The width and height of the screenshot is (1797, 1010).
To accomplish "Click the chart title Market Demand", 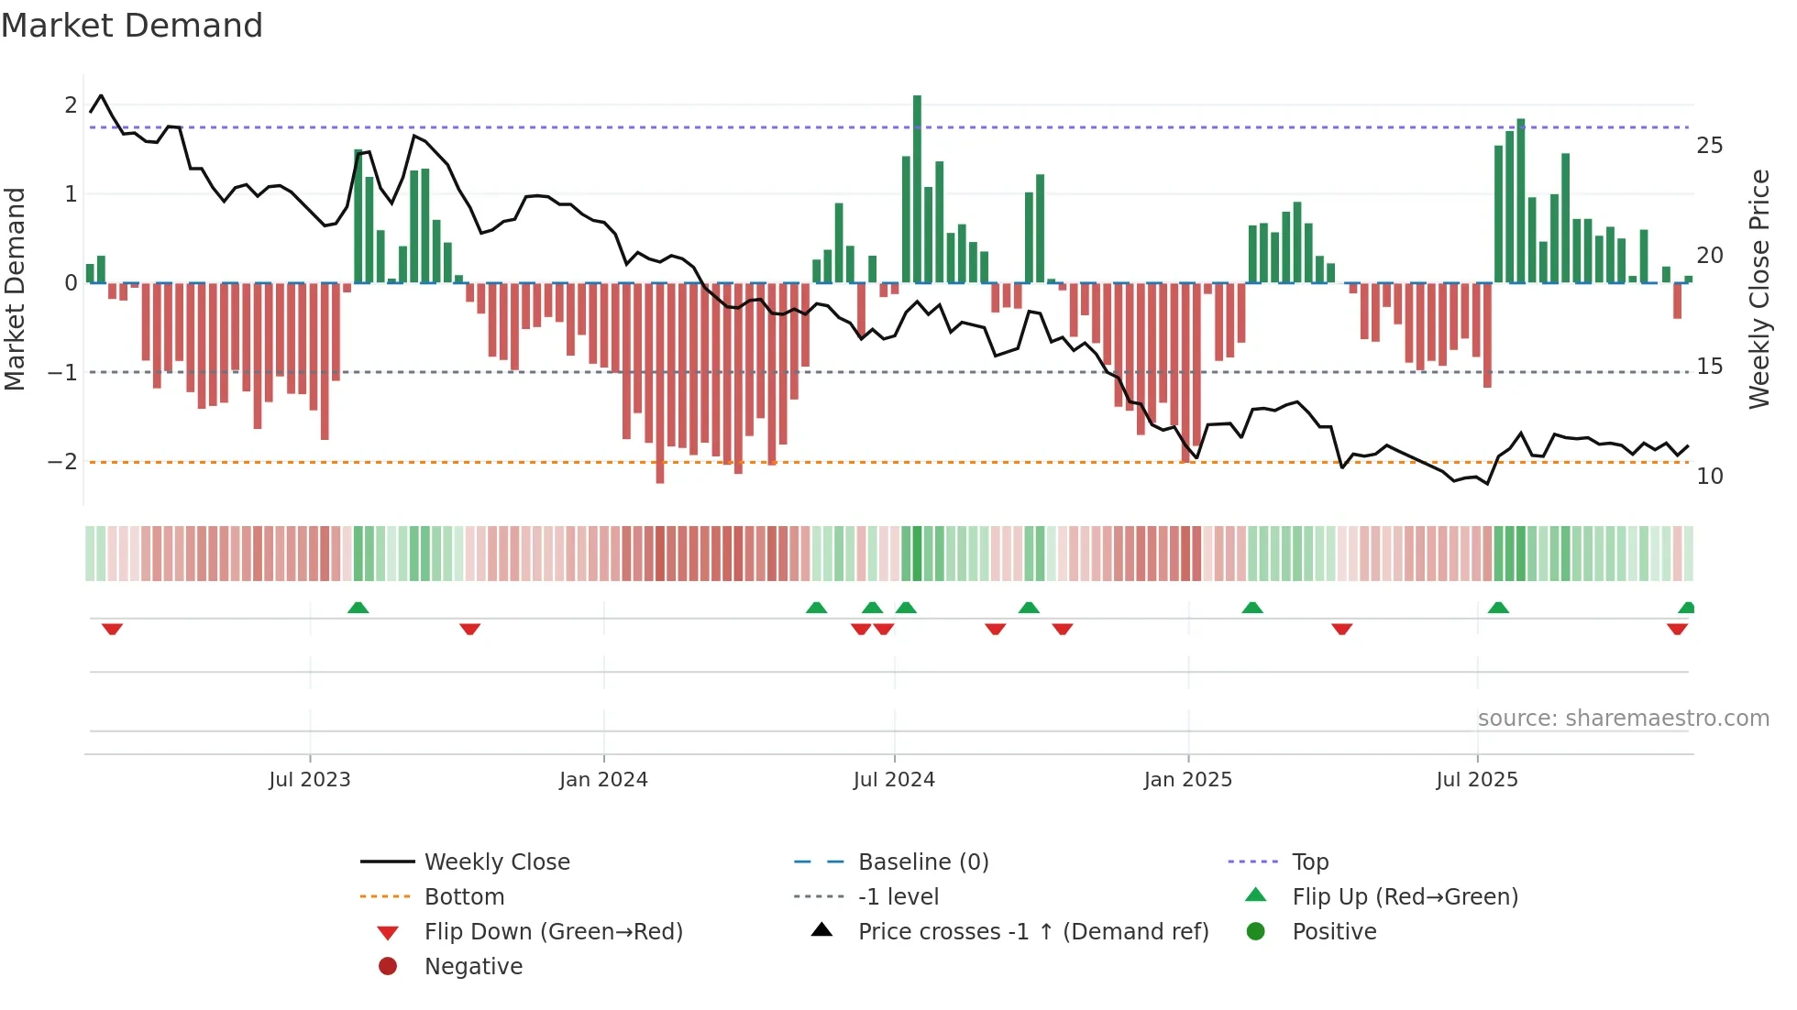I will (x=132, y=26).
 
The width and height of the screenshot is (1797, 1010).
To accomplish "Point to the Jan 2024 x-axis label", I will (x=603, y=780).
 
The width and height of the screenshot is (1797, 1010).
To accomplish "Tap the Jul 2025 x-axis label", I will (x=1477, y=780).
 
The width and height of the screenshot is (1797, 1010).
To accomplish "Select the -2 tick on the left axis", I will (x=63, y=462).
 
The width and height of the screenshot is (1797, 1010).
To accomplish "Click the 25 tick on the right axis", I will (x=1709, y=146).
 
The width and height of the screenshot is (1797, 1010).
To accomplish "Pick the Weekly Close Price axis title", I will (x=1758, y=289).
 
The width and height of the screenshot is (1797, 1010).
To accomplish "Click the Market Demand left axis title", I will (x=16, y=289).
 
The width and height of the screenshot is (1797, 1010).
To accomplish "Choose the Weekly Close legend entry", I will (x=496, y=862).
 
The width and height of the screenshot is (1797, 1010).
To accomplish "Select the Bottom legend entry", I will (x=464, y=897).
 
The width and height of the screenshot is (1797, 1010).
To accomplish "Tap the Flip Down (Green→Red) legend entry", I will (x=553, y=932).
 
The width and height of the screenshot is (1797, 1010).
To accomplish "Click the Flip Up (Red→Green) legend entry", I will (x=1405, y=897).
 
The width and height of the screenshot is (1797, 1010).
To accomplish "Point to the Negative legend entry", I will (x=473, y=967).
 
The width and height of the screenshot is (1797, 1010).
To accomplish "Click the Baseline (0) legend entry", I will (x=922, y=862).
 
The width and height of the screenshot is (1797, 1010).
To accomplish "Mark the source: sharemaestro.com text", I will (x=1623, y=719).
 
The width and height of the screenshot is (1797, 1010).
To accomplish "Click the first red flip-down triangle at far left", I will (x=112, y=629).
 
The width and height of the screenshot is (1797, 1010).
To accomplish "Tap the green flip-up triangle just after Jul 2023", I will (x=358, y=608).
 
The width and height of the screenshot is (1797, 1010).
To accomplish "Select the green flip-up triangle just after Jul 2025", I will (x=1498, y=608).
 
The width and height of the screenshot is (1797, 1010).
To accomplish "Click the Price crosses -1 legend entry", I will (x=1032, y=932).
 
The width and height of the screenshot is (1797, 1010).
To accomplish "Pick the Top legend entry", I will (x=1309, y=862).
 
